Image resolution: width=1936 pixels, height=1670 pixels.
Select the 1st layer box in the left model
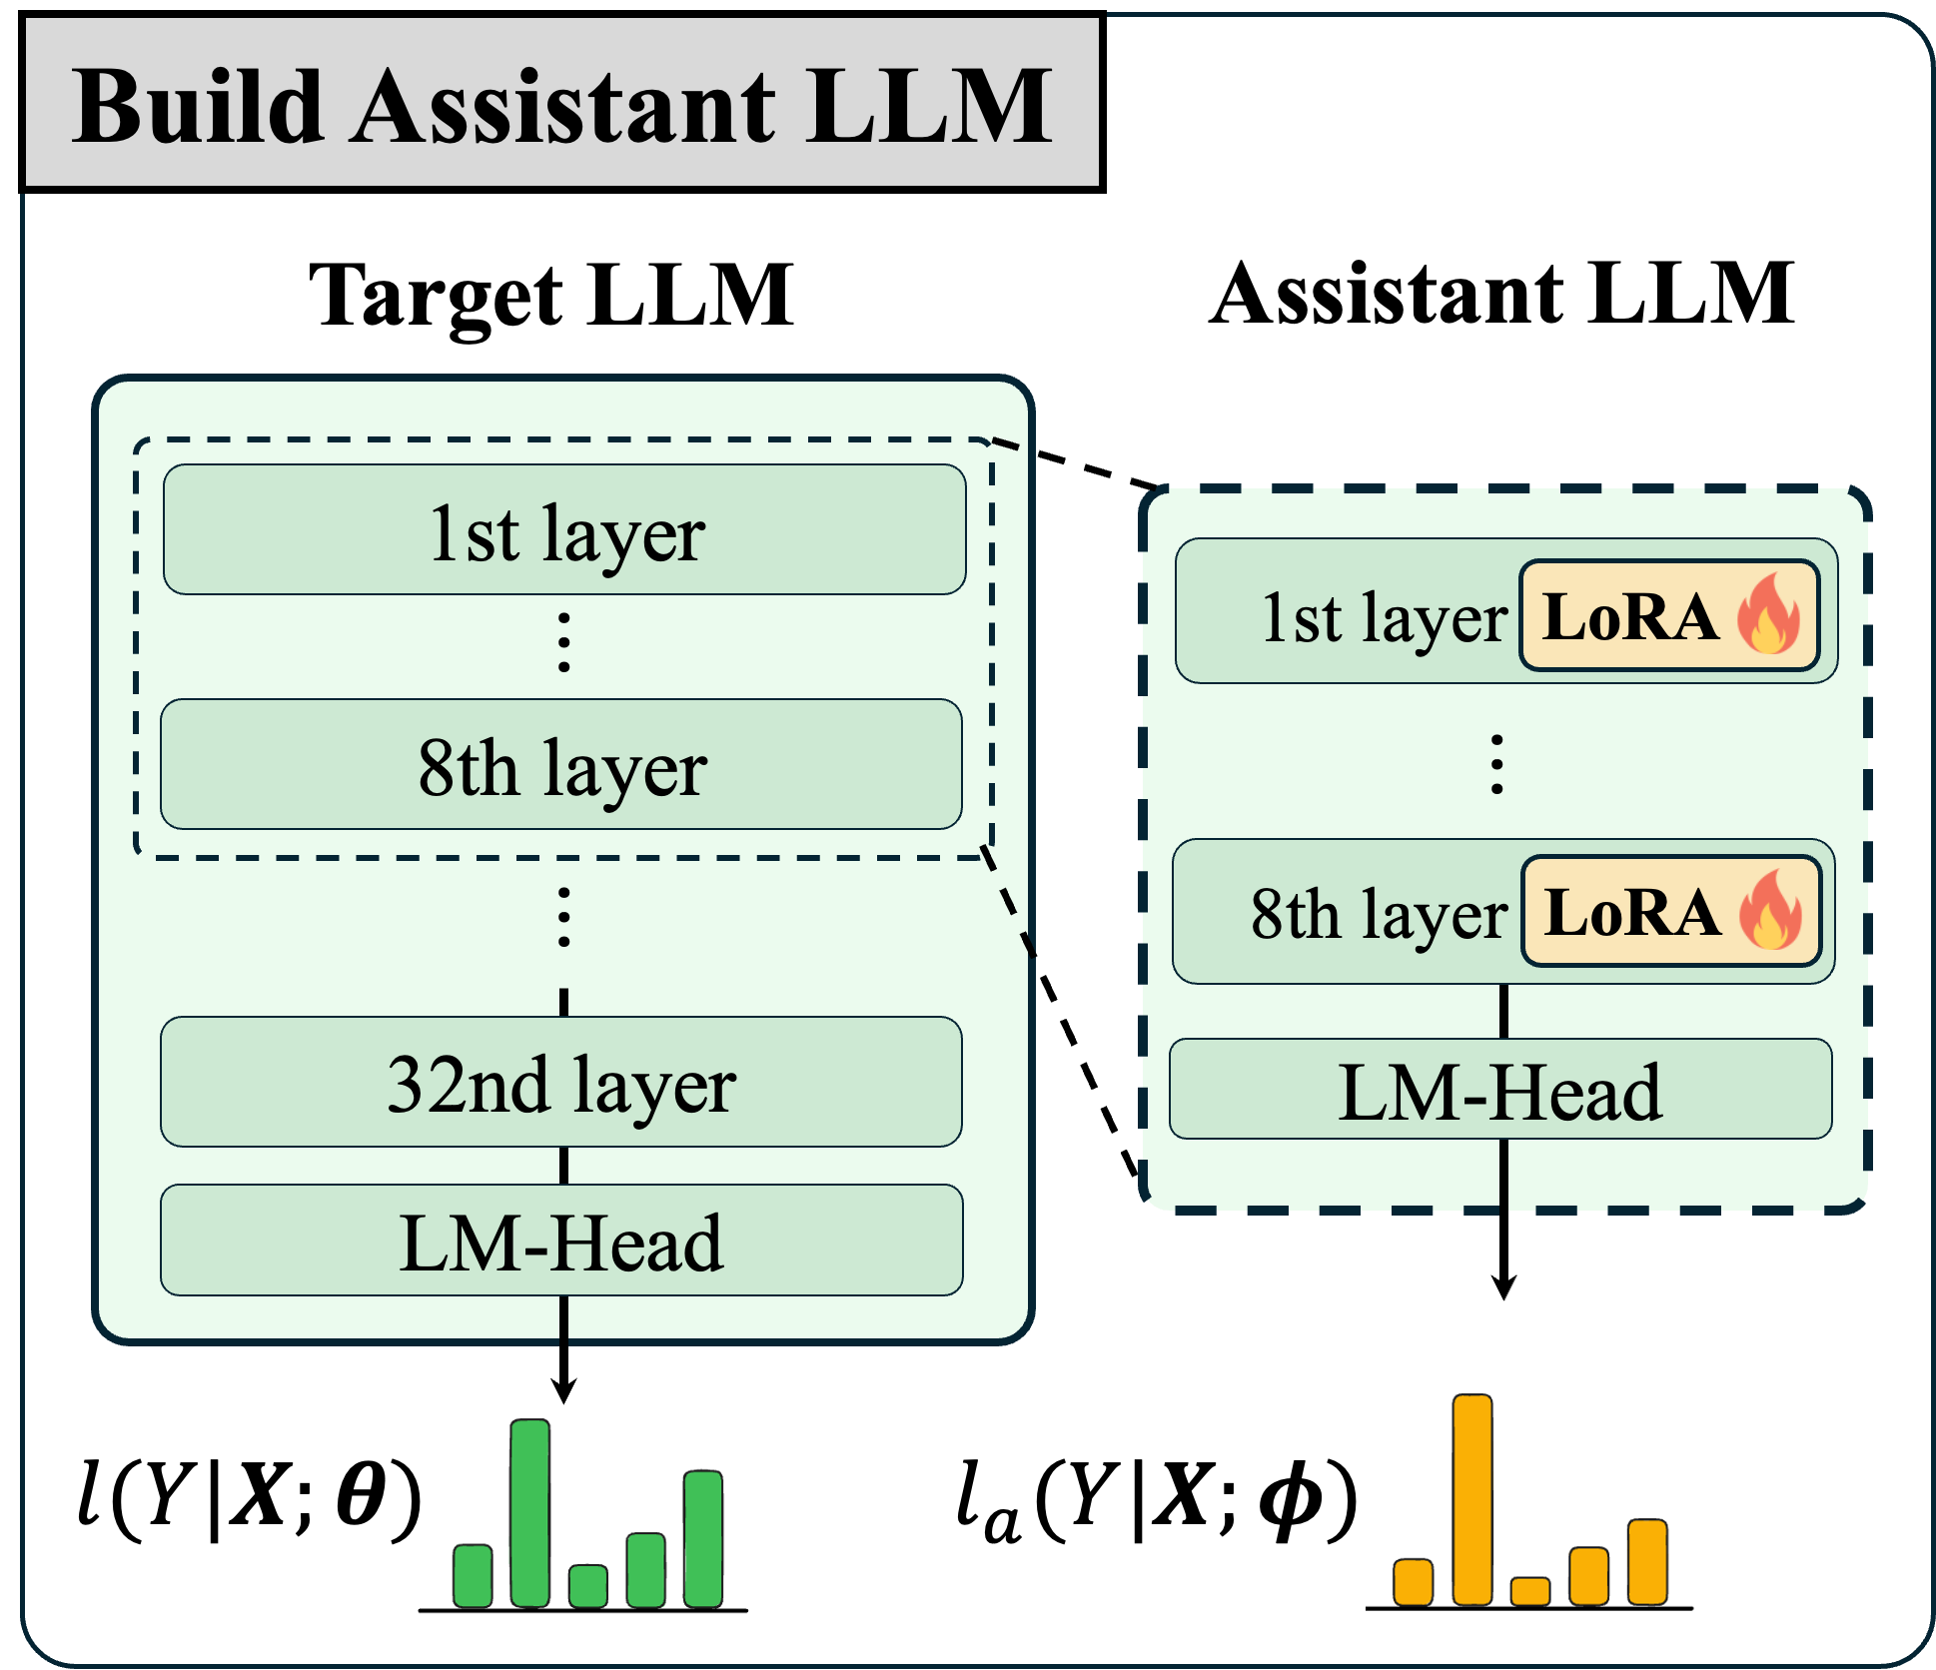tap(564, 530)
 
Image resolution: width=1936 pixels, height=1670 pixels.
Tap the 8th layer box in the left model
tap(561, 765)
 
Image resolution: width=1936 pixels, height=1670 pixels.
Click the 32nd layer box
tap(561, 1083)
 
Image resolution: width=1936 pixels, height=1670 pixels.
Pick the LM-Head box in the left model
tap(561, 1241)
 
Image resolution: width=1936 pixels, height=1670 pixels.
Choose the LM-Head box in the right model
tap(1500, 1090)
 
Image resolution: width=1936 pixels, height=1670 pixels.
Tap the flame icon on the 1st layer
tap(1768, 614)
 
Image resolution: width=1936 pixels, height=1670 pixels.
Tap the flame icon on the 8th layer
tap(1770, 910)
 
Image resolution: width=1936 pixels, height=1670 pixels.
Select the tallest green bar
tap(529, 1512)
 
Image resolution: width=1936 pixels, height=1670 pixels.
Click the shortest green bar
tap(587, 1585)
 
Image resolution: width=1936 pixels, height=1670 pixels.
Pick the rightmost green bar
tap(703, 1538)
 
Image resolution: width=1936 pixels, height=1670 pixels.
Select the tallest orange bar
tap(1472, 1499)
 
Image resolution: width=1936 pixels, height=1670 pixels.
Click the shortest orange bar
tap(1529, 1591)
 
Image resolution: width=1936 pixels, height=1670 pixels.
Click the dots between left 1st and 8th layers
tap(564, 642)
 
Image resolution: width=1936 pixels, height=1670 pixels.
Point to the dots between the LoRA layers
tap(1496, 764)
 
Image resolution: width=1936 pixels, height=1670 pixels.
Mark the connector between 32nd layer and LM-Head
tap(564, 1166)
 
